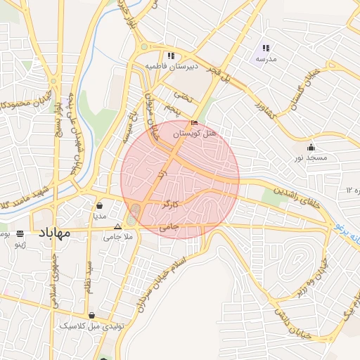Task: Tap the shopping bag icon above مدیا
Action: [x=100, y=206]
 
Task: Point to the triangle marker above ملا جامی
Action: [x=117, y=226]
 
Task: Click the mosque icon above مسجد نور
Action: [x=311, y=147]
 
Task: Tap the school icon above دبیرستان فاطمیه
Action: [x=170, y=56]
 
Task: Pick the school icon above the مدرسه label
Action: [x=266, y=48]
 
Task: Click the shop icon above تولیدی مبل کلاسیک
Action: [x=91, y=316]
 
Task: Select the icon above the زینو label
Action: [x=20, y=233]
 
